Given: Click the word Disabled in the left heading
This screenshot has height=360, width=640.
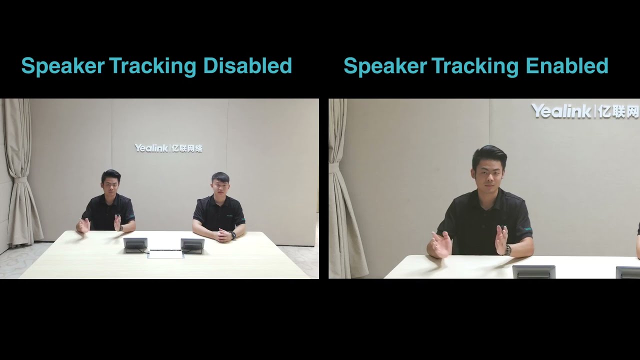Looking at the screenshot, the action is (247, 65).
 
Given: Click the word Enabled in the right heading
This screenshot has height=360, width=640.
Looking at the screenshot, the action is (567, 65).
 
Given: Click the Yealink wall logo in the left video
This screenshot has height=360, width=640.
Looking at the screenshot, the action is (168, 148).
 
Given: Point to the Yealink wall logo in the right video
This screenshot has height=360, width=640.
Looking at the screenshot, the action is (585, 111).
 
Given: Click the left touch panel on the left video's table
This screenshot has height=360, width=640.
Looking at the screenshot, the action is (135, 245).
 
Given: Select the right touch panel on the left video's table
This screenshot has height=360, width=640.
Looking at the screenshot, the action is (192, 245).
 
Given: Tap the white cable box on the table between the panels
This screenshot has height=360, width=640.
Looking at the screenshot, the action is (165, 254).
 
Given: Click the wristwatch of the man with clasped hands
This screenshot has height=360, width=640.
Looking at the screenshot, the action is (233, 235).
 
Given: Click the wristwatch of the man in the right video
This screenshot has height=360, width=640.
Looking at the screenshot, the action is (507, 250).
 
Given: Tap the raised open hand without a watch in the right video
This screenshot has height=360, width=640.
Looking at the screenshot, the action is (441, 244).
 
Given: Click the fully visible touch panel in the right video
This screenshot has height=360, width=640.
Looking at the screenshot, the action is (533, 271).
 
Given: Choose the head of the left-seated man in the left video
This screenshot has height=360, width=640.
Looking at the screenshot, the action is (111, 181).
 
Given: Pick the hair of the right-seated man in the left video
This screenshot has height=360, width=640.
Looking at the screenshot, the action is (220, 177).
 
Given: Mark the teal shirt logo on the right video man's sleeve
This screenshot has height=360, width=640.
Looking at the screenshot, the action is (528, 228).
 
